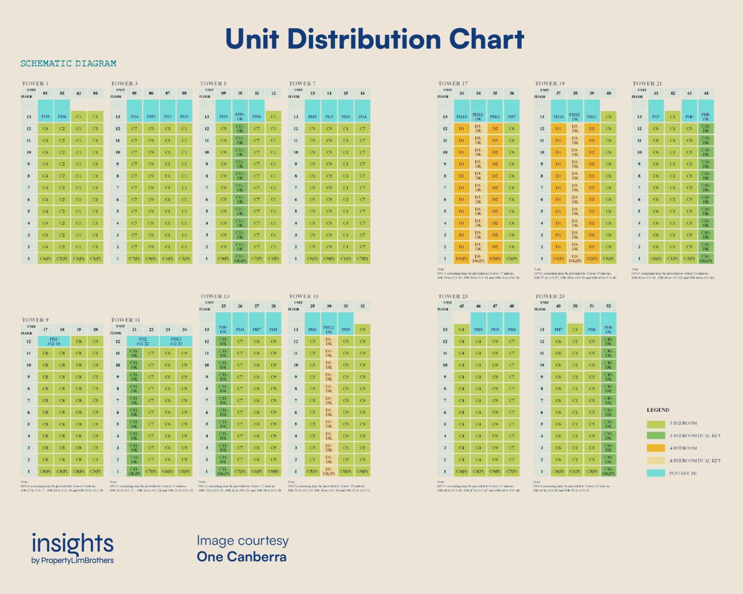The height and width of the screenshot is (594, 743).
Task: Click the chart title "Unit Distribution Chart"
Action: coord(374,39)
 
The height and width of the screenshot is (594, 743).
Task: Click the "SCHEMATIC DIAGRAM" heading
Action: coord(68,64)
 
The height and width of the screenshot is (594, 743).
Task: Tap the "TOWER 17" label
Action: coord(453,84)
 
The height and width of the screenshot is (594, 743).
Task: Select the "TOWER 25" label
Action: coord(550,296)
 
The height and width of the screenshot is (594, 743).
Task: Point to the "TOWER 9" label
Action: coord(35,320)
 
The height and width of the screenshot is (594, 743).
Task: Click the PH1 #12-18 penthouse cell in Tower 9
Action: coord(54,341)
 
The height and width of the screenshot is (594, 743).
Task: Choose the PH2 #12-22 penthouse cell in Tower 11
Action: coord(143,341)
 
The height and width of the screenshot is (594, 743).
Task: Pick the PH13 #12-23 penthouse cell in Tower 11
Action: coord(176,341)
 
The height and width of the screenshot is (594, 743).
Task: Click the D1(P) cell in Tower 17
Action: coord(461,259)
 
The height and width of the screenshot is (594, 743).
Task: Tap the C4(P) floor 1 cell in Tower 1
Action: coord(46,259)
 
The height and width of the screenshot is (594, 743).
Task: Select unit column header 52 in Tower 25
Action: coord(608,306)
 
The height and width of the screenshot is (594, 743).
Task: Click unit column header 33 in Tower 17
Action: coord(461,93)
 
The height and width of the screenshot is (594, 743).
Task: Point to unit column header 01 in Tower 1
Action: coord(46,93)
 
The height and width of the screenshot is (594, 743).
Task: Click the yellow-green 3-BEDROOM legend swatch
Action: coord(656,423)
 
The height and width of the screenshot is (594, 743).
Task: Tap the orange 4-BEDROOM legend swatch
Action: coord(656,448)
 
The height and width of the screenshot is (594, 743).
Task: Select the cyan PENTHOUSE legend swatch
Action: coord(656,473)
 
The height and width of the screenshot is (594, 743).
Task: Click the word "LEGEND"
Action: coord(658,410)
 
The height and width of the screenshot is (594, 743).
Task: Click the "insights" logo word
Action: coord(73,544)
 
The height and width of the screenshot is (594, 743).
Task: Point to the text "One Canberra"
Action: coord(242,557)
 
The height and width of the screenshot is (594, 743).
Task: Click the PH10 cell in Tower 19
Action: coord(558,117)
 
